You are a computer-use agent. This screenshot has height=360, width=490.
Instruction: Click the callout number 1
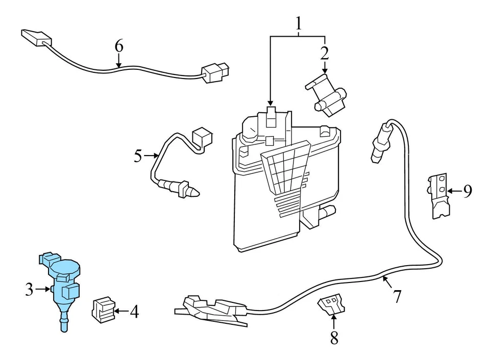[298, 23]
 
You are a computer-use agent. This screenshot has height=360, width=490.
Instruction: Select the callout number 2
[324, 53]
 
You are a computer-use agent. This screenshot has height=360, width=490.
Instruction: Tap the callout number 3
[29, 290]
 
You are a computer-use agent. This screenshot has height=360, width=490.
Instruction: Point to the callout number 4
[134, 311]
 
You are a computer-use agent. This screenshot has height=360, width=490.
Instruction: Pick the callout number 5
[138, 156]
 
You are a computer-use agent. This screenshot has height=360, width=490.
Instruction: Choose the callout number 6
[118, 46]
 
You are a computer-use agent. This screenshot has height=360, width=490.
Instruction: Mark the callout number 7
[397, 296]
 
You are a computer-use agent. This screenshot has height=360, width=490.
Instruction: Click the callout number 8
[334, 337]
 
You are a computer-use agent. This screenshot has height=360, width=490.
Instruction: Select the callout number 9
[467, 191]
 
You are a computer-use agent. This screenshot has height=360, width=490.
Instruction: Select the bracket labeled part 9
[437, 195]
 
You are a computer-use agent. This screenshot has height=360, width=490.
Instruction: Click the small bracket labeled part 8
[330, 304]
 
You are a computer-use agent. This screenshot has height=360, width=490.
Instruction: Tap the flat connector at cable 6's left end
[36, 36]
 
